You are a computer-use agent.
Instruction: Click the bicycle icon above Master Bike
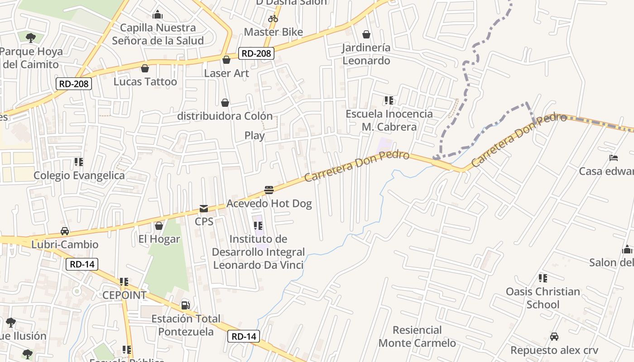point(273,19)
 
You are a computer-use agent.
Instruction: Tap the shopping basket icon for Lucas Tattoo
point(145,69)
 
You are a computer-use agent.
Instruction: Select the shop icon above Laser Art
point(226,60)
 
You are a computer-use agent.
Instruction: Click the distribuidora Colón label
point(225,116)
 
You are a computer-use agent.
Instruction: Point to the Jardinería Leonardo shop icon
point(366,34)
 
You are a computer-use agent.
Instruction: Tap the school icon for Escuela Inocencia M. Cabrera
point(389,100)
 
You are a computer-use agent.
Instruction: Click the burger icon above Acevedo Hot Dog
point(269,190)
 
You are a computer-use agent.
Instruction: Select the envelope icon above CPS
point(204,209)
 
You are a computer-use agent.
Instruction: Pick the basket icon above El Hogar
point(159,226)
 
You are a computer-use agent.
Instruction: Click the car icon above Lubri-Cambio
point(65,231)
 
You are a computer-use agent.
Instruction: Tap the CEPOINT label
point(124,295)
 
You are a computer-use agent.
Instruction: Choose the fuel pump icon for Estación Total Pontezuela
point(185,305)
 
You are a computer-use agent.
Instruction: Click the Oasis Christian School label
point(543,298)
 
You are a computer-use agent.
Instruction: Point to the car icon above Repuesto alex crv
point(554,337)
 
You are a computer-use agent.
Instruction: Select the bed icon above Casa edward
point(614,158)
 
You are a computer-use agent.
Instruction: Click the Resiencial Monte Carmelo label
point(417,336)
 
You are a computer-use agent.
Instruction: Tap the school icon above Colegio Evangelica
point(79,162)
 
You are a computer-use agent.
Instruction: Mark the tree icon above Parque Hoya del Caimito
point(31,38)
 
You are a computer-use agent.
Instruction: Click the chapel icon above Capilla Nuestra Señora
point(158,15)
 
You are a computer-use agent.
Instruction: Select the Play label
point(255,135)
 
